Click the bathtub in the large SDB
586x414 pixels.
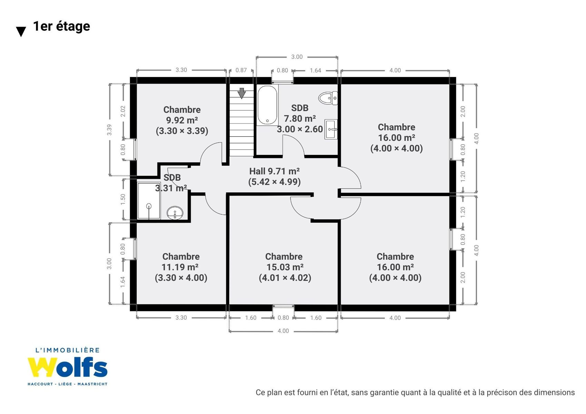tap(267, 105)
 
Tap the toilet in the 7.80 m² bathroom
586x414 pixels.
tap(328, 98)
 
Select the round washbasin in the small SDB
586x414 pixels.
tap(175, 213)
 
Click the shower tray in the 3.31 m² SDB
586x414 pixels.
tap(149, 200)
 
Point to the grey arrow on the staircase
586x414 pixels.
tap(242, 93)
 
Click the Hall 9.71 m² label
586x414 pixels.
tap(275, 171)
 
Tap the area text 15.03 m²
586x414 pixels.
tap(285, 267)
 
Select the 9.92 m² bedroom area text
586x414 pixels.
tap(182, 120)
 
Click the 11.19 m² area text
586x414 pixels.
tap(180, 267)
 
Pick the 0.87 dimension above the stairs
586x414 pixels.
tap(241, 70)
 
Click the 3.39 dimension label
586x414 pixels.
tap(109, 130)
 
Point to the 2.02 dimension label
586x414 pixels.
tap(123, 111)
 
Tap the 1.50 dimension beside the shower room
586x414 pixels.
tap(123, 200)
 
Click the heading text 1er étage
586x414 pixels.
tap(61, 26)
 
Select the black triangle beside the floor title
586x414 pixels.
tap(21, 32)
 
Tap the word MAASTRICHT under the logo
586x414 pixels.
tap(92, 384)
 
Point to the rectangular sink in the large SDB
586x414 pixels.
tap(331, 129)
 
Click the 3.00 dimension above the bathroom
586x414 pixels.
tap(297, 57)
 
